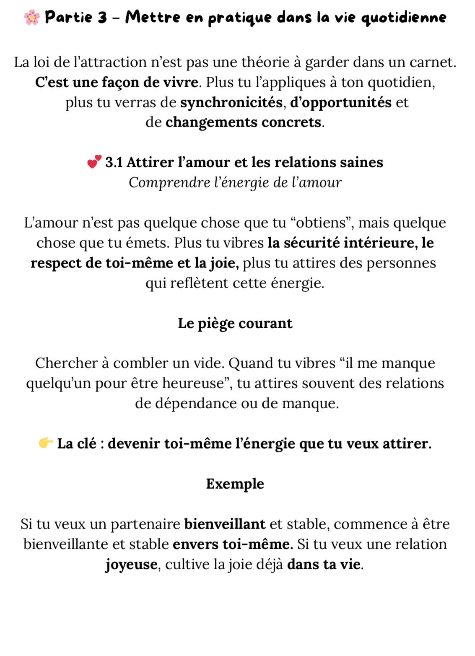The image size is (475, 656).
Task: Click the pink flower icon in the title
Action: click(32, 18)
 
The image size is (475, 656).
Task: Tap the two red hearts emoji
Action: click(94, 162)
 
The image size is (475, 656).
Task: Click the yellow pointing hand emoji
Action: click(46, 443)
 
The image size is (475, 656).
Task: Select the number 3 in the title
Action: click(102, 18)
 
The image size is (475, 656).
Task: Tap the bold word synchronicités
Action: click(231, 102)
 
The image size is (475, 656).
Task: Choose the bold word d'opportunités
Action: click(341, 102)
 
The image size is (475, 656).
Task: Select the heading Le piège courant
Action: click(235, 323)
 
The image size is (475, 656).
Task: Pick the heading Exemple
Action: click(235, 484)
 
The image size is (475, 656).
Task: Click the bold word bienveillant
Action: click(225, 524)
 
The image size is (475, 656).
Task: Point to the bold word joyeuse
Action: click(131, 565)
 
